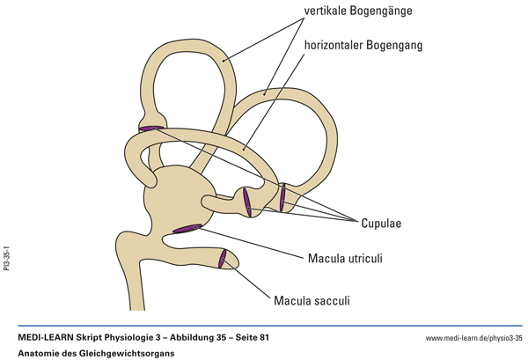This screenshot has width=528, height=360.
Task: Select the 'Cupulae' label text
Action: click(380, 223)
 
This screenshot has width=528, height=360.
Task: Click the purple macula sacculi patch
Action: click(224, 259)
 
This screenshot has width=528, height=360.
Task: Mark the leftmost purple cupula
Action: click(150, 129)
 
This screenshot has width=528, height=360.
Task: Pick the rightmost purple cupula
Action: click(282, 197)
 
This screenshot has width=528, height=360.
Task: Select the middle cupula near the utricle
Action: click(247, 203)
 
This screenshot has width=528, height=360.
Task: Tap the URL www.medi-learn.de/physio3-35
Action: click(473, 338)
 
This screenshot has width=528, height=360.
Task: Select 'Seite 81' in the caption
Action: click(249, 337)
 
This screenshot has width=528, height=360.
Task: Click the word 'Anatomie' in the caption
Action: click(39, 352)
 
